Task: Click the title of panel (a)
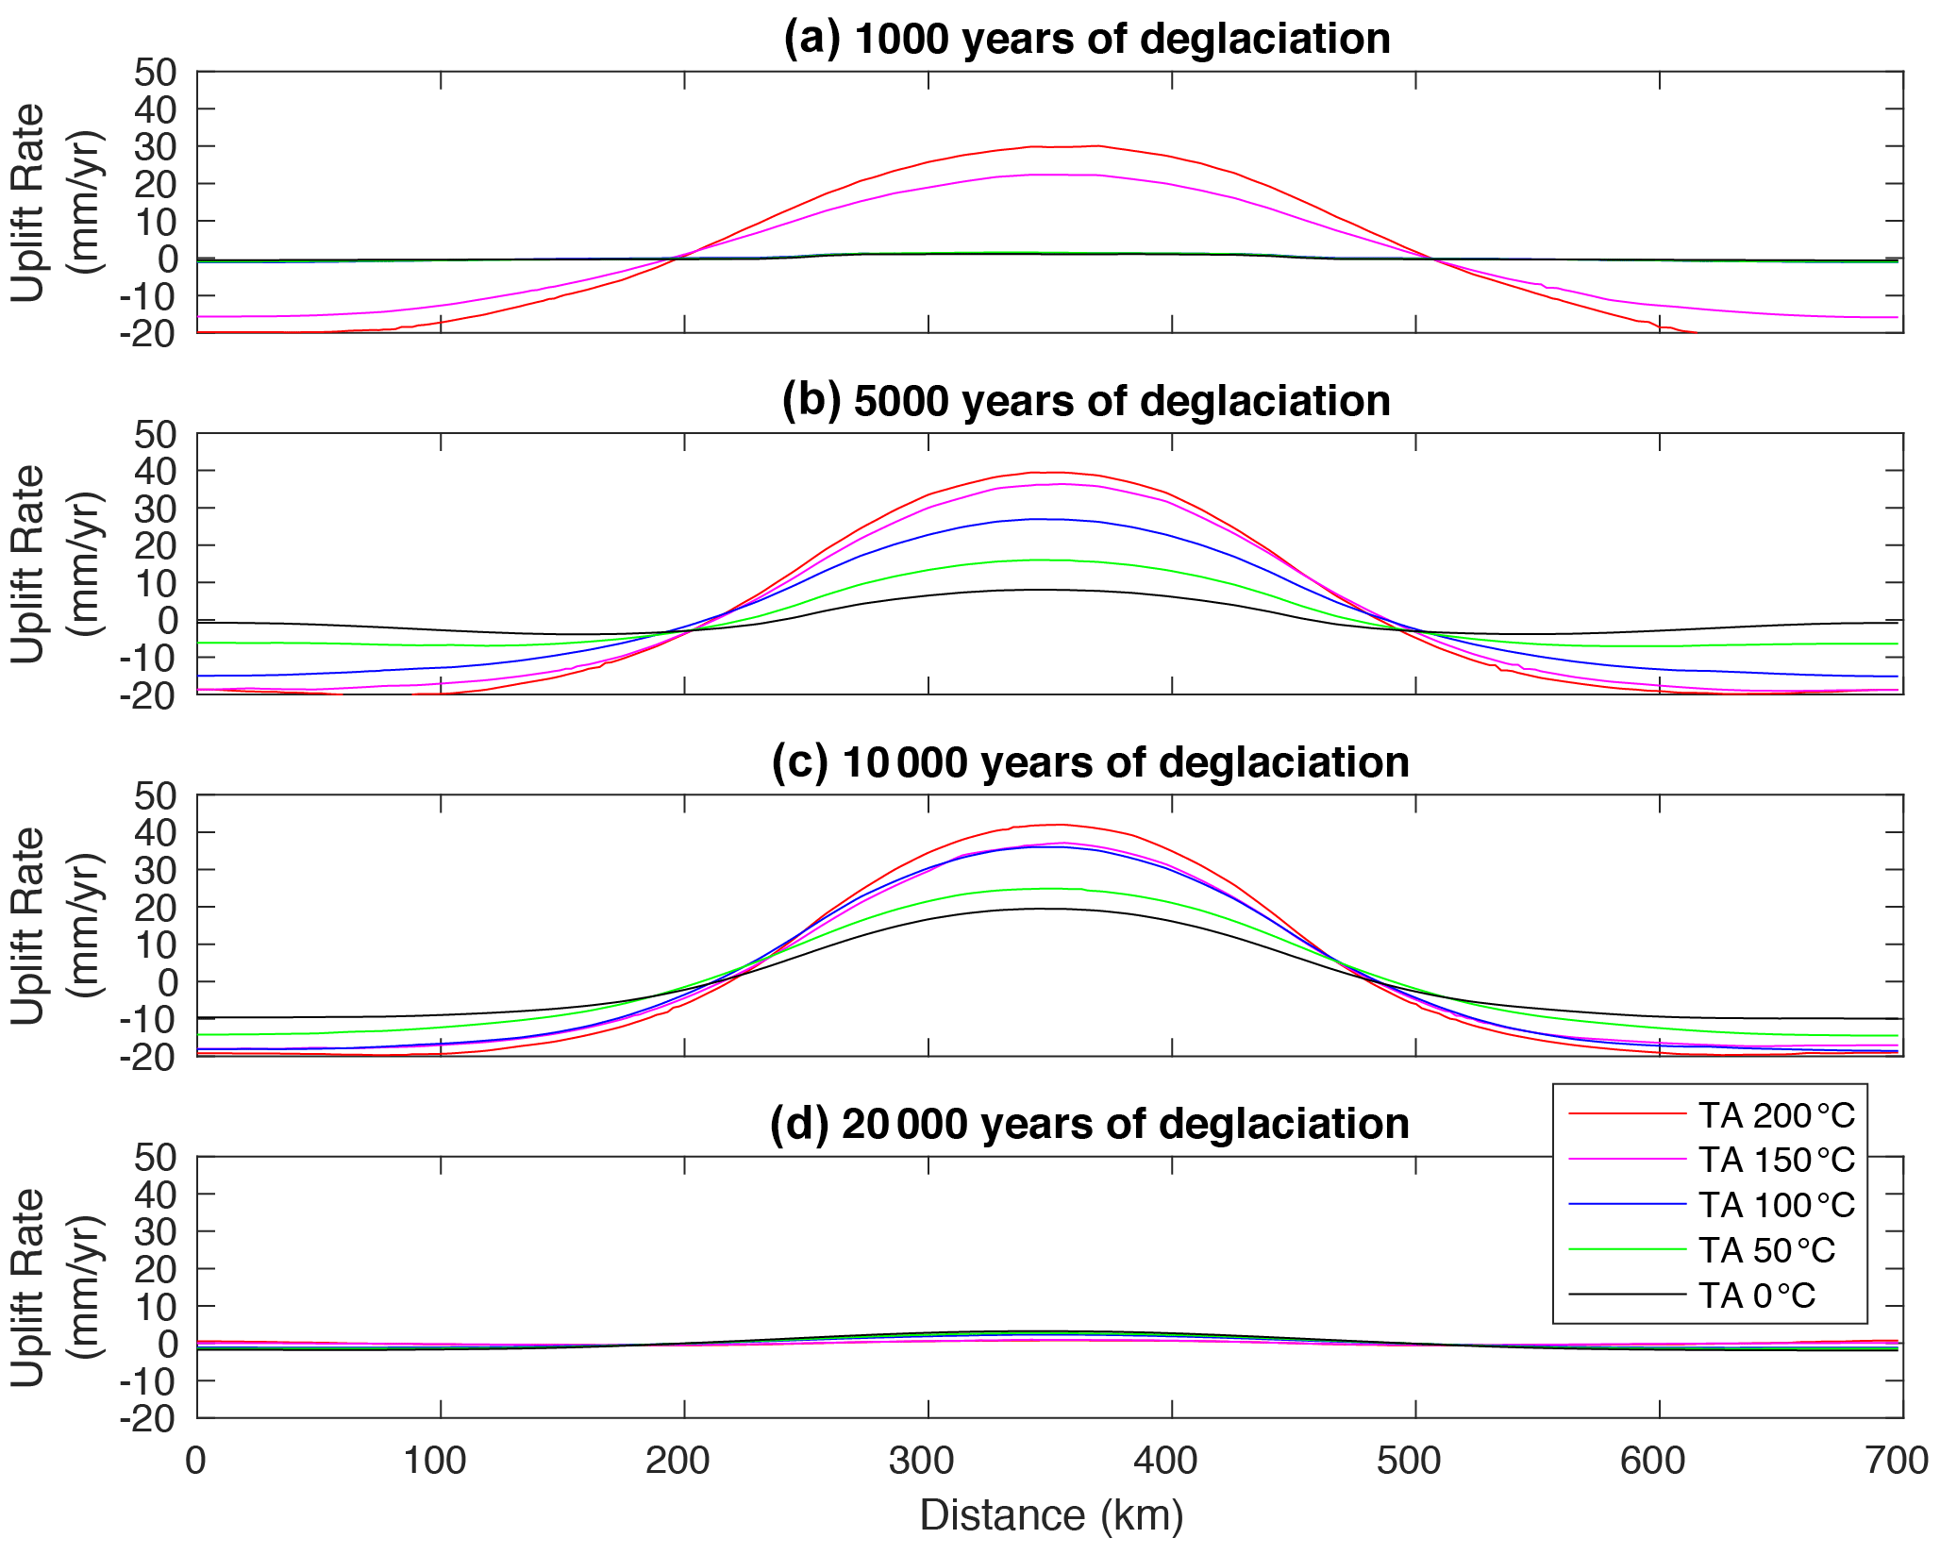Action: click(1087, 40)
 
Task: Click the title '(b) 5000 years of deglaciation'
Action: click(1086, 401)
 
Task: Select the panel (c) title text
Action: click(1090, 762)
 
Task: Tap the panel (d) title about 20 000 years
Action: click(1090, 1124)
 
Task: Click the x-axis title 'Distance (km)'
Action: click(1051, 1515)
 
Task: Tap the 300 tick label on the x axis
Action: click(921, 1461)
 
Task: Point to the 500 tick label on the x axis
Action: click(1409, 1461)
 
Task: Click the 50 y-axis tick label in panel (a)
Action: click(155, 73)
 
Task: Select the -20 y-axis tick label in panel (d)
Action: click(147, 1418)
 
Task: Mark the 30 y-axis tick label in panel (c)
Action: click(155, 870)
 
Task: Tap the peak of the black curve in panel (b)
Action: click(1038, 590)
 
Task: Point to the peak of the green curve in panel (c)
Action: click(1047, 889)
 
